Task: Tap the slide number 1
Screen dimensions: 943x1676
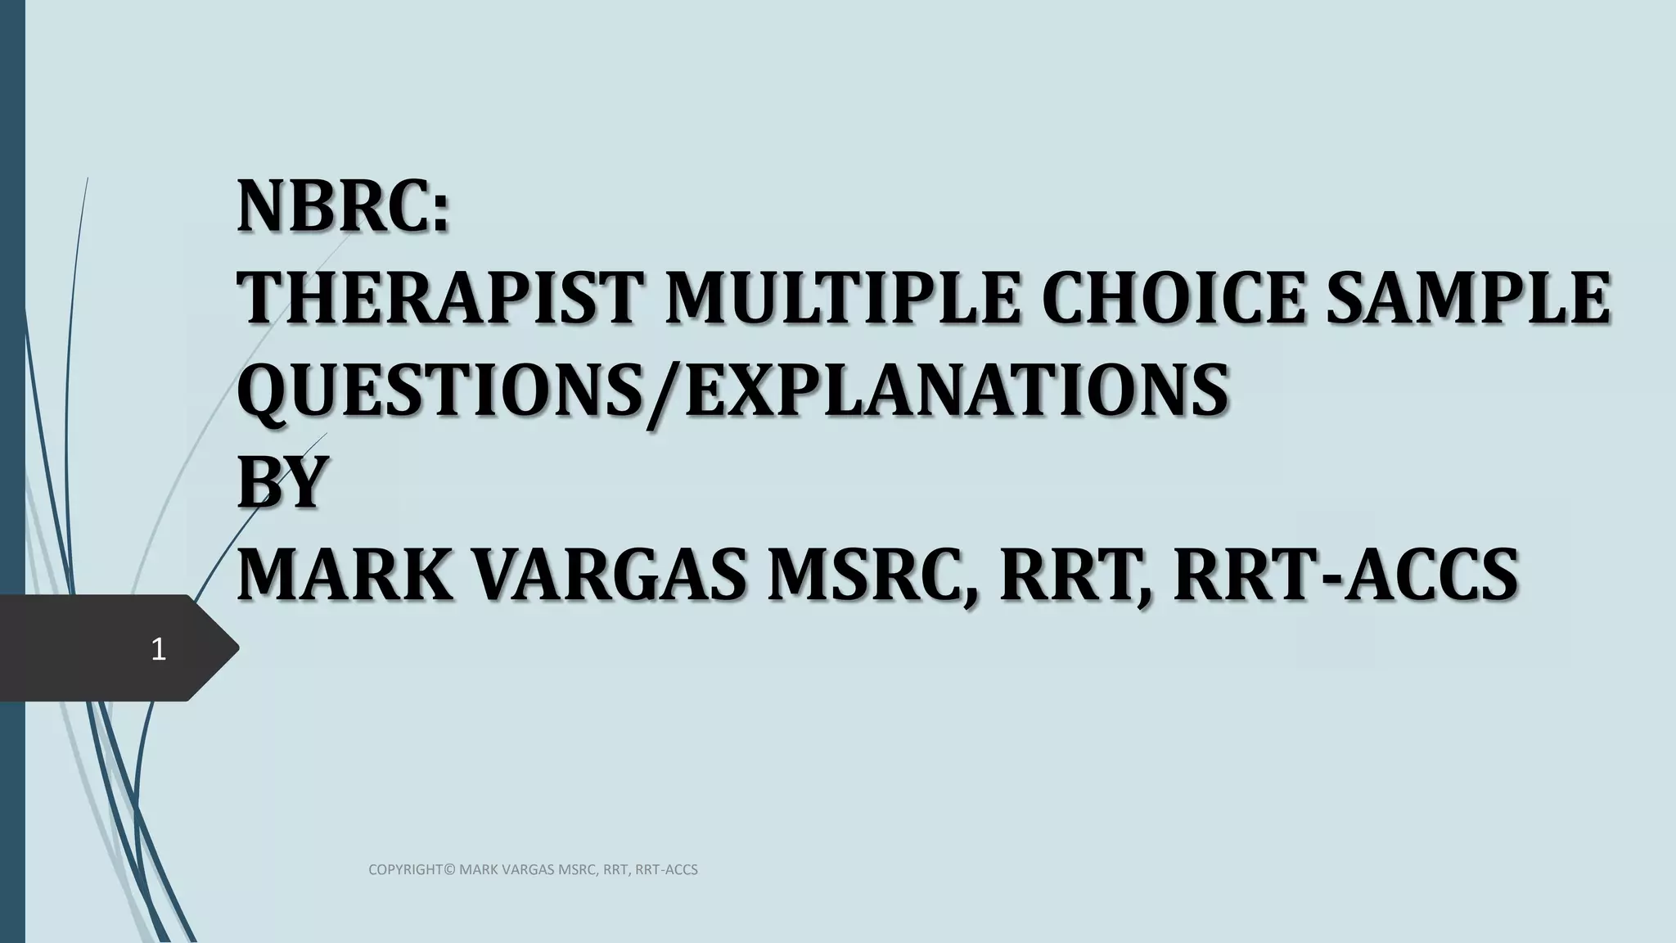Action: (x=159, y=650)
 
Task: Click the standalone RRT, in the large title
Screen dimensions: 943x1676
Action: (x=1076, y=575)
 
